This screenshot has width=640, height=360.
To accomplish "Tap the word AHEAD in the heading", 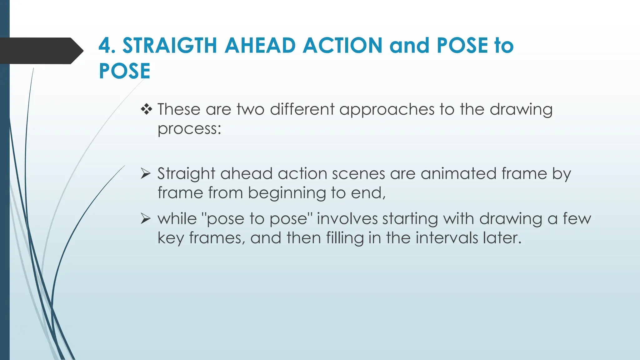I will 260,46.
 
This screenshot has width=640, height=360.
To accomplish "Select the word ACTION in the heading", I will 342,46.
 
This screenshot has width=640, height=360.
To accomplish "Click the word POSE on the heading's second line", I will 124,71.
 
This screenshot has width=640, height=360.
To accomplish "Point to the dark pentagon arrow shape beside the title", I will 41,51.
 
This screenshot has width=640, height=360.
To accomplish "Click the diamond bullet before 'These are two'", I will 146,109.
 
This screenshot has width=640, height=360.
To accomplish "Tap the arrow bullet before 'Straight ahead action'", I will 146,173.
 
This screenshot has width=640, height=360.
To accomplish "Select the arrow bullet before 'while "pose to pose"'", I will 146,218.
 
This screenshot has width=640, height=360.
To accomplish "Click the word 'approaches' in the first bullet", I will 387,110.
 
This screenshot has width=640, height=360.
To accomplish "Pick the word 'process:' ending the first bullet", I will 189,129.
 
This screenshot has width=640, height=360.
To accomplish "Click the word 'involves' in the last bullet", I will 347,218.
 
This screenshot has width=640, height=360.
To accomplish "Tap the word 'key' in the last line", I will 171,238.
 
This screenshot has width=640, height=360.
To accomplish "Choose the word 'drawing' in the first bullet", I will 521,110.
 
